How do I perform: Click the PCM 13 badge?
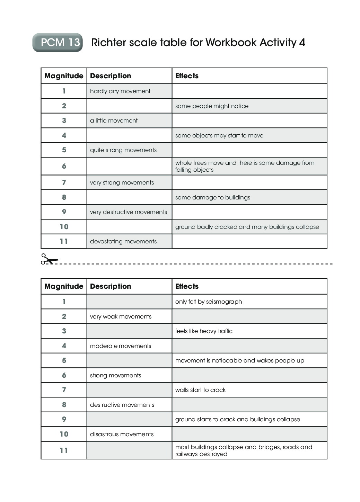point(58,43)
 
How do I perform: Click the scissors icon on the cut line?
point(49,259)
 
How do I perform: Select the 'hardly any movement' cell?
point(120,91)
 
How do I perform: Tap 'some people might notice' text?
point(212,106)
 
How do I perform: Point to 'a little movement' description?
point(114,120)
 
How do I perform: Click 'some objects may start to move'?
point(219,135)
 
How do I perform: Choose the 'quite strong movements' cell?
point(123,150)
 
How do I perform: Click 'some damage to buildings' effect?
point(212,197)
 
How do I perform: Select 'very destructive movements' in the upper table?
point(128,212)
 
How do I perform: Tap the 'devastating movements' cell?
point(123,241)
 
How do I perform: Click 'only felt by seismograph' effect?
point(208,302)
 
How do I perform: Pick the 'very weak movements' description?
point(121,316)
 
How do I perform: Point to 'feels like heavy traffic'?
point(204,331)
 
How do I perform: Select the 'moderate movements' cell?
point(120,346)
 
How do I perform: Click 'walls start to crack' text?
point(200,390)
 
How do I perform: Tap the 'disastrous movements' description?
point(122,434)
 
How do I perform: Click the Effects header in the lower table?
point(187,286)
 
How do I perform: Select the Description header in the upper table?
point(111,76)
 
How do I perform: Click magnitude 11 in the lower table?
point(64,450)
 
